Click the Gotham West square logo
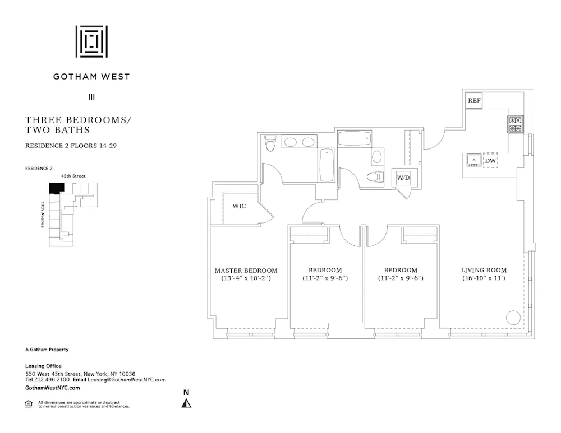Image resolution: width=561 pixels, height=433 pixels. click(x=91, y=41)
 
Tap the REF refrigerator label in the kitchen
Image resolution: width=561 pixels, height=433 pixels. click(x=474, y=101)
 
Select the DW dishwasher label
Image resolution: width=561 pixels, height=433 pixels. click(x=490, y=161)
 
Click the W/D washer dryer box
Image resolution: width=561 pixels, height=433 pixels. click(x=403, y=178)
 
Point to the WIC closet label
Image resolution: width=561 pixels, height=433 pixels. click(x=239, y=206)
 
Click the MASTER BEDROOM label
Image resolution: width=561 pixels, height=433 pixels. click(x=246, y=271)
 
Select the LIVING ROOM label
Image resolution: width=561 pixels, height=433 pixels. click(x=484, y=271)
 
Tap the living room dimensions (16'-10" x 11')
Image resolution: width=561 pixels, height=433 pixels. click(x=484, y=278)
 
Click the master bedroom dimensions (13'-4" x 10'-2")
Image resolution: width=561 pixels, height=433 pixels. click(x=246, y=278)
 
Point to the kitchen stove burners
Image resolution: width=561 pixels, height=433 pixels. click(x=515, y=124)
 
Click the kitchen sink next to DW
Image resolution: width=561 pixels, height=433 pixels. click(x=473, y=161)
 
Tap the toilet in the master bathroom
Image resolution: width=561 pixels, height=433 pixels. click(x=270, y=143)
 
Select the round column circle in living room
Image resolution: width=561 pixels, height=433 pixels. click(x=513, y=318)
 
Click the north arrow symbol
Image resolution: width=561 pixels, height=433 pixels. click(x=186, y=402)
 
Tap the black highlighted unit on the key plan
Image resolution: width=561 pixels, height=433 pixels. click(x=56, y=188)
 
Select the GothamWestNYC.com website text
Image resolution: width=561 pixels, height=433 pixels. click(x=53, y=388)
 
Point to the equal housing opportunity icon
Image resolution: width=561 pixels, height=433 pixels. click(x=29, y=404)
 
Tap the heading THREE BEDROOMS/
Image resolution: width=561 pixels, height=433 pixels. click(x=78, y=120)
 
